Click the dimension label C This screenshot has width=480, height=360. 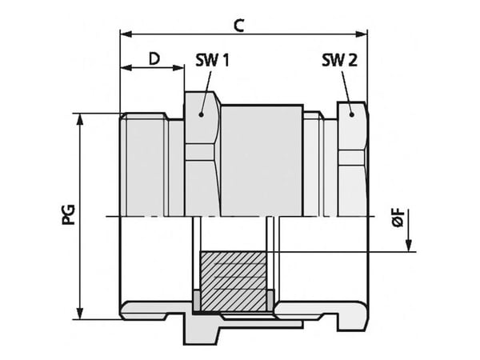pos(238,26)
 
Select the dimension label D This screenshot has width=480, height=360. pos(154,58)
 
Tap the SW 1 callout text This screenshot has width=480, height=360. pos(212,60)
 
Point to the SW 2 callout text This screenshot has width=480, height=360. pos(339,60)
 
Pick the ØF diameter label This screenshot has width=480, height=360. pos(398,218)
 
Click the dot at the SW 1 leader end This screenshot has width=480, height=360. pos(201,114)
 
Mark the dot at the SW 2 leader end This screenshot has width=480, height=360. pos(352,114)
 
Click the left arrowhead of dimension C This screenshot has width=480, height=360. pos(126,34)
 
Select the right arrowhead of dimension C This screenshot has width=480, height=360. pos(361,34)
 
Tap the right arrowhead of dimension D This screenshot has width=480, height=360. pos(178,68)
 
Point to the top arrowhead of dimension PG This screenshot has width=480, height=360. pos(80,119)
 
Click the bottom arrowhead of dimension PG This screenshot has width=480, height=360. pos(80,314)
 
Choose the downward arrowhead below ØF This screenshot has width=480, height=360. pos(408,246)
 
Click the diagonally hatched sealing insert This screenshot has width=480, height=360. pos(234,282)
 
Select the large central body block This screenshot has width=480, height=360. pos(262,161)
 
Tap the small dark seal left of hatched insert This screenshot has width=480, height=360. pos(196,300)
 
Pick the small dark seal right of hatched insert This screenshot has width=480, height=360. pos(270,300)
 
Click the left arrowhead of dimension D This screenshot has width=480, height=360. pos(126,68)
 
